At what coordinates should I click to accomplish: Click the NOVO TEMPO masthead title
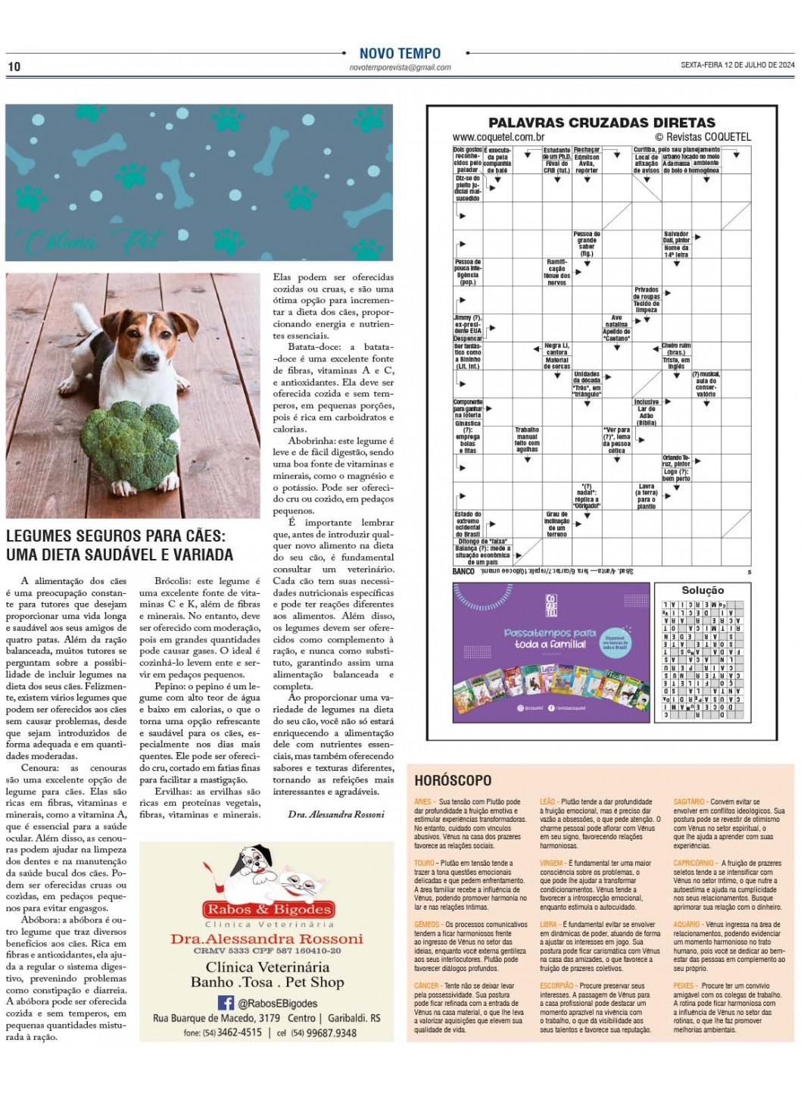pyautogui.click(x=400, y=53)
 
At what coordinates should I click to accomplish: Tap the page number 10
pyautogui.click(x=14, y=67)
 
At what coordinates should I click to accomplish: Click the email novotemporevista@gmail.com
pyautogui.click(x=400, y=67)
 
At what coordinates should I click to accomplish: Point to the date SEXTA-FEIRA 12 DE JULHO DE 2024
pyautogui.click(x=737, y=65)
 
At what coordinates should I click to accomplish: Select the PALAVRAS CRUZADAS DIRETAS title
pyautogui.click(x=601, y=123)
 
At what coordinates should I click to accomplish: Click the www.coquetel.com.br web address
pyautogui.click(x=498, y=137)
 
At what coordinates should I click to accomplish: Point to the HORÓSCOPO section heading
pyautogui.click(x=453, y=780)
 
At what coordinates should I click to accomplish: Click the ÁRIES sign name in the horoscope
pyautogui.click(x=423, y=801)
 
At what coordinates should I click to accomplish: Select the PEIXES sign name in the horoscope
pyautogui.click(x=683, y=986)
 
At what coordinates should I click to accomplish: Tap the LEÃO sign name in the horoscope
pyautogui.click(x=547, y=801)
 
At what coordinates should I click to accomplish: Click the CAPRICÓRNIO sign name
pyautogui.click(x=693, y=863)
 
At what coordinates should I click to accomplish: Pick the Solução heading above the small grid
pyautogui.click(x=703, y=590)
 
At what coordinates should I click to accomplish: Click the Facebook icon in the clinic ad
pyautogui.click(x=226, y=1002)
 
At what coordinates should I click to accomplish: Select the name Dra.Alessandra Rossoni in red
pyautogui.click(x=266, y=939)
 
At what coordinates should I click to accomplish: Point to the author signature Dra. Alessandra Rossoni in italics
pyautogui.click(x=336, y=814)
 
